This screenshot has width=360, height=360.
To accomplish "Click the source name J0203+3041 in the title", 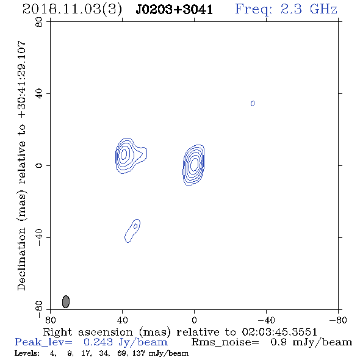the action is pyautogui.click(x=174, y=9).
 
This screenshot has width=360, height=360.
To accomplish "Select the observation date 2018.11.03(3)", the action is pyautogui.click(x=72, y=9).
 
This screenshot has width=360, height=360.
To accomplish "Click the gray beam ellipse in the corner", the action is pyautogui.click(x=66, y=301).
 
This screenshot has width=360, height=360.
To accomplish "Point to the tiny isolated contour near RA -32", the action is pyautogui.click(x=253, y=103).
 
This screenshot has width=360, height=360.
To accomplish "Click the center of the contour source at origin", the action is pyautogui.click(x=194, y=164).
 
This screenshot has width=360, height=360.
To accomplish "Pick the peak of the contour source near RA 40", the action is pyautogui.click(x=124, y=154).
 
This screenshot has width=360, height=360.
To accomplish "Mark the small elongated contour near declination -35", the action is pyautogui.click(x=132, y=230).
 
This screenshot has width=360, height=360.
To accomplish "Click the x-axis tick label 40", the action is pyautogui.click(x=122, y=320).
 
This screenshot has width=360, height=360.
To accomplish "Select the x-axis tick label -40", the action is pyautogui.click(x=266, y=320).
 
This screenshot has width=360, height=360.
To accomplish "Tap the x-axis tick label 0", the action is pyautogui.click(x=194, y=320).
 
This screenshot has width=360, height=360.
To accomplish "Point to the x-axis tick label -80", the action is pyautogui.click(x=338, y=320).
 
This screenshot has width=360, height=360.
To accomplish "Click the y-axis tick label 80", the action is pyautogui.click(x=39, y=22).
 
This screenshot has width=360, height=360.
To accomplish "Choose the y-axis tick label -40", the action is pyautogui.click(x=39, y=237).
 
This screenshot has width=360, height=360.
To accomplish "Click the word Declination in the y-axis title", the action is pyautogui.click(x=21, y=259).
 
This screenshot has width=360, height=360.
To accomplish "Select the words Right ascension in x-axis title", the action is pyautogui.click(x=88, y=332).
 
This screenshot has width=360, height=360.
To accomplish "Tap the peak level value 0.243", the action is pyautogui.click(x=98, y=342).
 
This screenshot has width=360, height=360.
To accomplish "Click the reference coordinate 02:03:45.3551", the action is pyautogui.click(x=279, y=332).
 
